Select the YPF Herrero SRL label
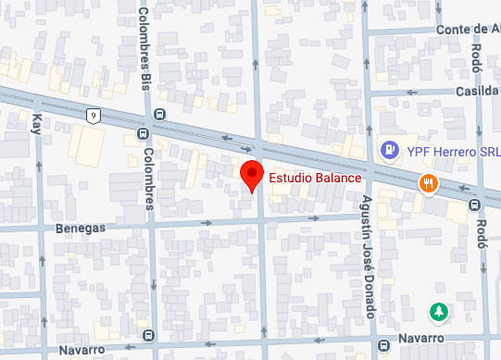click(x=442, y=149)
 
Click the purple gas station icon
click(x=392, y=148)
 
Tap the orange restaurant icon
click(x=427, y=182)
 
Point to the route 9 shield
click(x=94, y=115)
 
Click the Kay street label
click(x=38, y=123)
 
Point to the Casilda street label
click(x=477, y=91)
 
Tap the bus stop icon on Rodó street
click(x=474, y=204)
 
